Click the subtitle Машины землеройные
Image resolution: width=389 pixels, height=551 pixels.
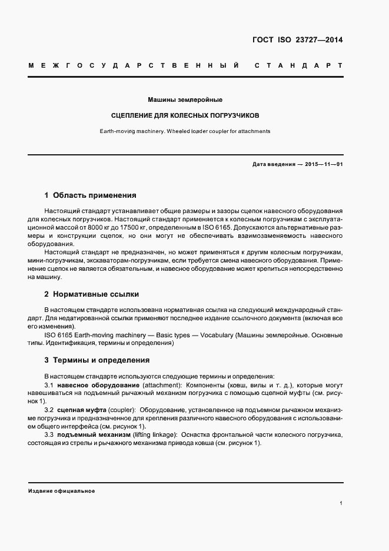(x=185, y=99)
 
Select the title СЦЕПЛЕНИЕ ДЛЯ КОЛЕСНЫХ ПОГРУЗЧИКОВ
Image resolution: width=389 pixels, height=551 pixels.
(x=185, y=115)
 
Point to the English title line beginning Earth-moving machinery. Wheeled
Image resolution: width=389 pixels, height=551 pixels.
(x=185, y=131)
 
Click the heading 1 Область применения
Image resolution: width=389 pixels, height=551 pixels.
(x=90, y=195)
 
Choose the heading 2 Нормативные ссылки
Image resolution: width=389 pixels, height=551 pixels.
(x=92, y=294)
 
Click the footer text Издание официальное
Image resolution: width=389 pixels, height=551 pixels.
(x=62, y=491)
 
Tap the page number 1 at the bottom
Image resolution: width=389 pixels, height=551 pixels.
(x=341, y=503)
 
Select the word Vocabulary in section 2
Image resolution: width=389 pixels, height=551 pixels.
(x=217, y=335)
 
